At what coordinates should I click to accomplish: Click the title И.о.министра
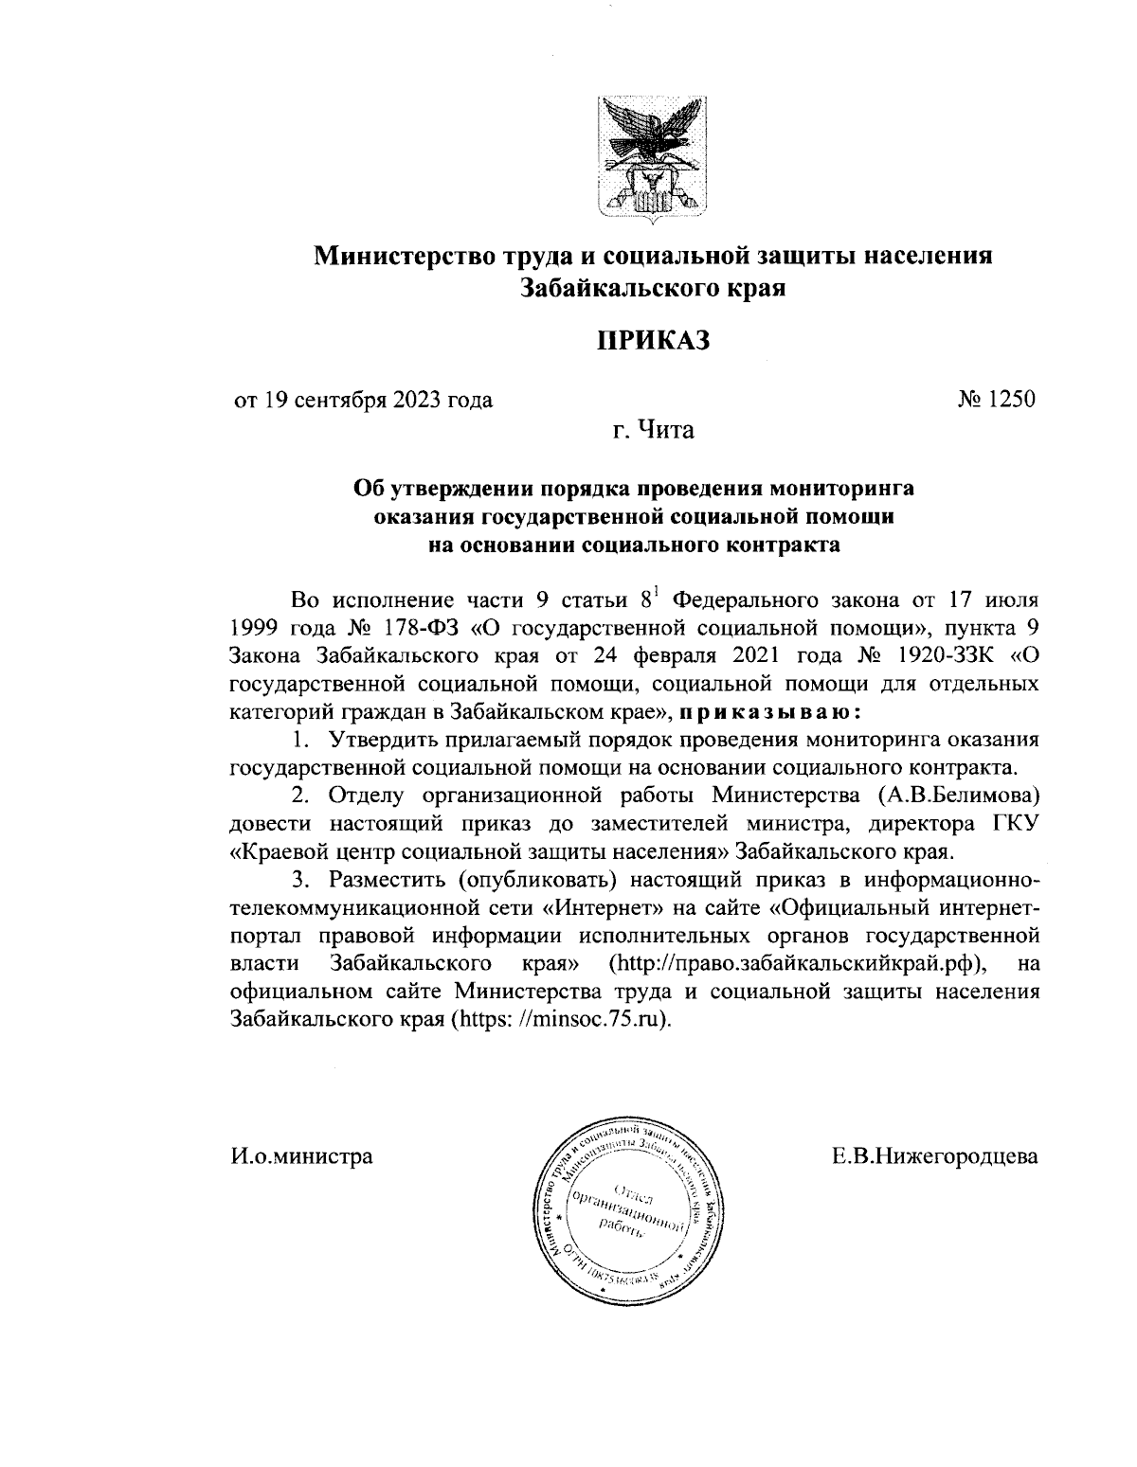click(301, 1156)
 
